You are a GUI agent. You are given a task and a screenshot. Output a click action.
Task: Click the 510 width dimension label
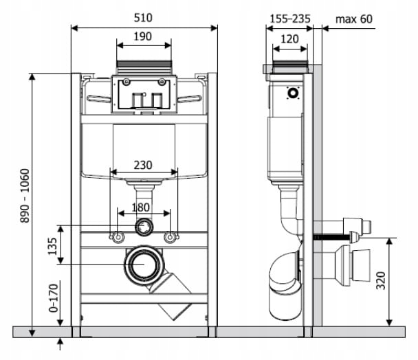point(143,17)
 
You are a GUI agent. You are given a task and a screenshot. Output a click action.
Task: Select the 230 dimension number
point(143,166)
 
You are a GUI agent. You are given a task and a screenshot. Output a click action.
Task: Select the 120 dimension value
point(290,40)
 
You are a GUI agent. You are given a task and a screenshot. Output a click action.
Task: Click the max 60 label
point(355,19)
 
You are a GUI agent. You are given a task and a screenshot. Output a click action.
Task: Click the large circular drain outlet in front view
point(144,265)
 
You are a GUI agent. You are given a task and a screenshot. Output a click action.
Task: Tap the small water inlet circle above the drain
point(144,226)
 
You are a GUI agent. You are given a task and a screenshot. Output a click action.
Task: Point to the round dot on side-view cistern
point(294,92)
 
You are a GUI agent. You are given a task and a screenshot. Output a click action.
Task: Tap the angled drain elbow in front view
point(173,293)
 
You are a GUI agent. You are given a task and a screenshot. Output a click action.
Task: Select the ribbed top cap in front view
point(144,67)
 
